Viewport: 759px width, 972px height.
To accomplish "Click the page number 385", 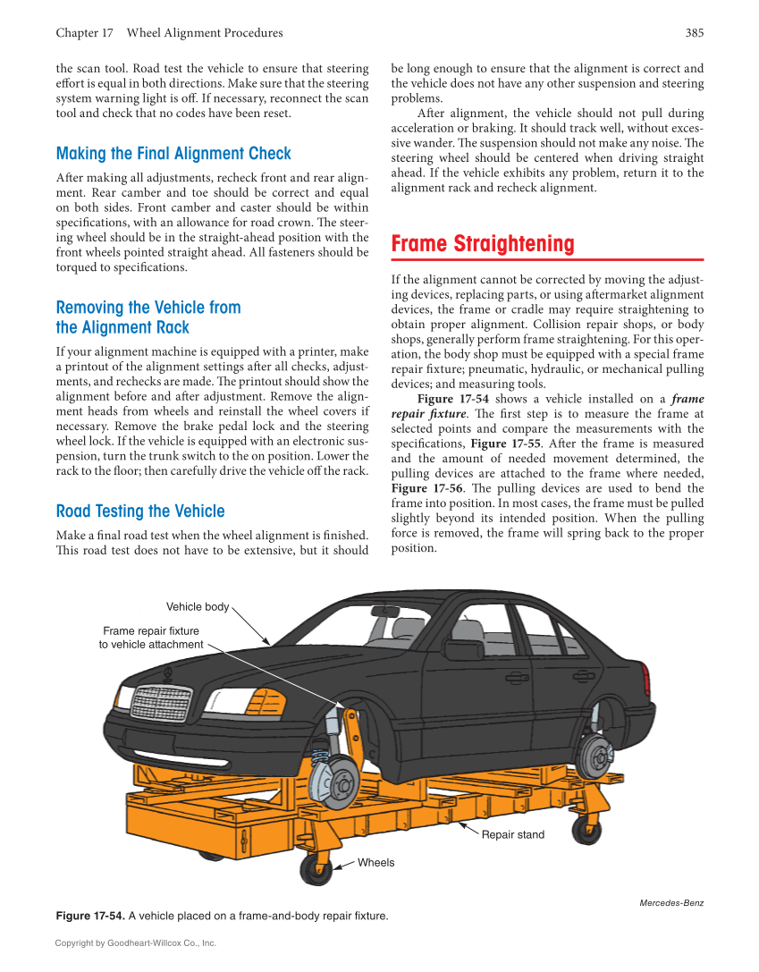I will click(x=694, y=33).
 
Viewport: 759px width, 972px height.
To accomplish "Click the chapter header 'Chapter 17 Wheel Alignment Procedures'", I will click(x=169, y=33).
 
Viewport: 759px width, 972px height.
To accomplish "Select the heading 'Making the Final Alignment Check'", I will click(x=173, y=154).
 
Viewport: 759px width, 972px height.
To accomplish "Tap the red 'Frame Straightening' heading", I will click(x=483, y=244).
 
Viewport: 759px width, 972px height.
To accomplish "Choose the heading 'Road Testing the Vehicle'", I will click(x=140, y=511).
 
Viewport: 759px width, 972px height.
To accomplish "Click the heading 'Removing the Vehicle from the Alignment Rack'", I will click(x=148, y=317).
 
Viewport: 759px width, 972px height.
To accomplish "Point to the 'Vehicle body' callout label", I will click(x=198, y=607).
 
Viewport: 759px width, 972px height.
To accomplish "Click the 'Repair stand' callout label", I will click(x=512, y=835).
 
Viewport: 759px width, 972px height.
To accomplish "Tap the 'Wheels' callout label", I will click(x=375, y=863).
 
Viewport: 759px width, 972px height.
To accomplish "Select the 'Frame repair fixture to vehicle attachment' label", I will click(x=150, y=638).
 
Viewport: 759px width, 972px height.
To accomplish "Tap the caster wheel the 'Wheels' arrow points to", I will click(x=315, y=868).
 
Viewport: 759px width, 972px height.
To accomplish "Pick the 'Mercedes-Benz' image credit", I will click(x=671, y=903).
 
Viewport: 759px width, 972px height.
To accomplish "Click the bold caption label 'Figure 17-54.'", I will click(x=90, y=917).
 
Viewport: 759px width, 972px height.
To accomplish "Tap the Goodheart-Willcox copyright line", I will click(x=136, y=942).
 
